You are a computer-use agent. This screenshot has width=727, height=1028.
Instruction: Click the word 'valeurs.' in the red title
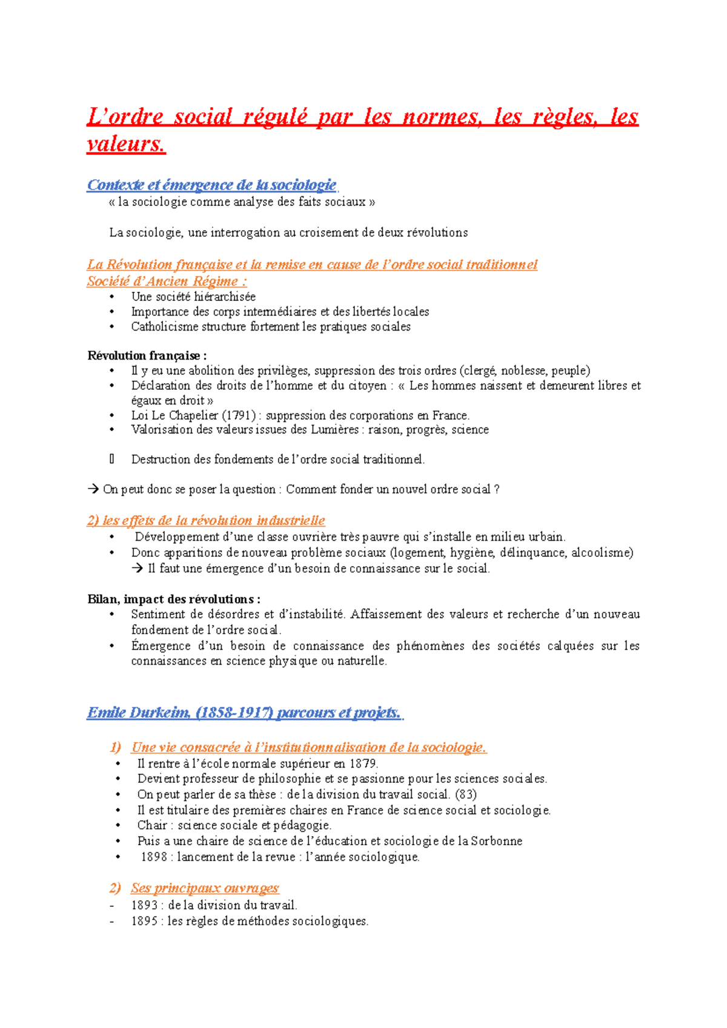click(x=125, y=144)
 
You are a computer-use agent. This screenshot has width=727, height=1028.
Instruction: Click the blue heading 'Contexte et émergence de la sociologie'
click(x=211, y=185)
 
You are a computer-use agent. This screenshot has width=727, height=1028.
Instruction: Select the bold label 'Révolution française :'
click(x=147, y=355)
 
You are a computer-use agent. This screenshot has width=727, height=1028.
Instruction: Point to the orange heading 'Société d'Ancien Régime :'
click(x=167, y=281)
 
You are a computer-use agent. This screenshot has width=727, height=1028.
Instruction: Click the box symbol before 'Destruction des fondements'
click(x=112, y=460)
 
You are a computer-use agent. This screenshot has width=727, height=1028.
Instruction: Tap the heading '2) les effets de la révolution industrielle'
click(x=206, y=521)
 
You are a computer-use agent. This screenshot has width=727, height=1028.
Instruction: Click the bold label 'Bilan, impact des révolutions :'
click(x=174, y=599)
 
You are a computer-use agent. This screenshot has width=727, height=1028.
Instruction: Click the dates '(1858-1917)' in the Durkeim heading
click(x=234, y=713)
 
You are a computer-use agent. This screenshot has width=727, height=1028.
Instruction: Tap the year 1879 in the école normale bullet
click(x=363, y=763)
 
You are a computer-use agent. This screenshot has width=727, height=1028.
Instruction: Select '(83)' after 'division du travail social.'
click(x=466, y=794)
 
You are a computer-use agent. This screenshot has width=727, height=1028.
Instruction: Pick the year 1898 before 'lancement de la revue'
click(x=153, y=857)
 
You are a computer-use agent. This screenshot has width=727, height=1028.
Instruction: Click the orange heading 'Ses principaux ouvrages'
click(x=205, y=888)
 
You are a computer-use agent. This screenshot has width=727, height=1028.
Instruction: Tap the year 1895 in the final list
click(x=144, y=921)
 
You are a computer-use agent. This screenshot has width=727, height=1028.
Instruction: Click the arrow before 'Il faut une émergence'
click(x=138, y=568)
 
